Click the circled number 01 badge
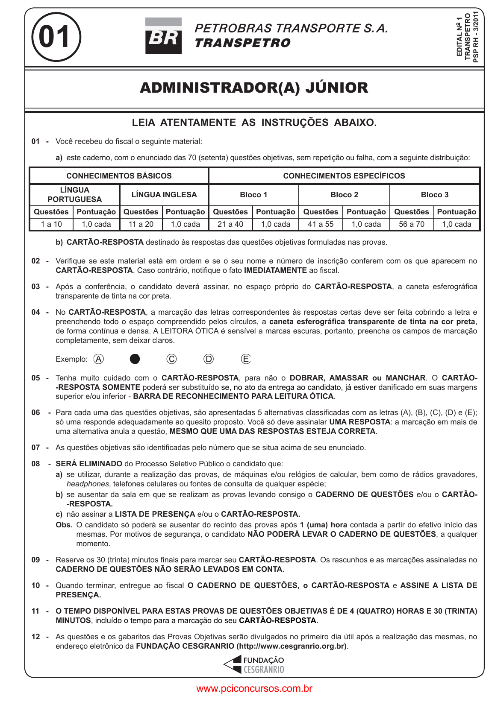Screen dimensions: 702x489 (x=56, y=37)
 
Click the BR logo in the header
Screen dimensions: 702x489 (x=163, y=36)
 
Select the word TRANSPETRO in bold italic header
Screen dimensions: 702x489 (x=242, y=43)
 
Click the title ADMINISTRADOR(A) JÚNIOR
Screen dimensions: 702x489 (x=254, y=88)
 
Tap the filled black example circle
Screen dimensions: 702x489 (x=135, y=359)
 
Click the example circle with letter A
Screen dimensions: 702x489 (x=98, y=359)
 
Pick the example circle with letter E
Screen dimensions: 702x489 (x=246, y=359)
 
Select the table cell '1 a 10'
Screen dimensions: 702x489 (x=51, y=224)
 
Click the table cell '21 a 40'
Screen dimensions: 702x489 (x=230, y=224)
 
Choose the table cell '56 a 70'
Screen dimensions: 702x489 (x=412, y=224)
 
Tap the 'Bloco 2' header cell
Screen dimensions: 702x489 (x=344, y=195)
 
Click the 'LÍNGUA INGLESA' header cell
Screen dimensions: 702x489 (x=164, y=195)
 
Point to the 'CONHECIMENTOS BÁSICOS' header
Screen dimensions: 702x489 (x=119, y=176)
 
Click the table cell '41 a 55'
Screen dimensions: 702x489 (x=321, y=224)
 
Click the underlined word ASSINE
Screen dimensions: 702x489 (x=415, y=585)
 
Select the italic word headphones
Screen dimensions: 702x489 (x=88, y=484)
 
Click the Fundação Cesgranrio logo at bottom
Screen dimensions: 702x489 (x=254, y=665)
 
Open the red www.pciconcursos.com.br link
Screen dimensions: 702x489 (x=254, y=688)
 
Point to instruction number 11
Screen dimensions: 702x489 (x=36, y=611)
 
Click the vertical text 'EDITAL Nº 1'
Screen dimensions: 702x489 (x=460, y=37)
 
